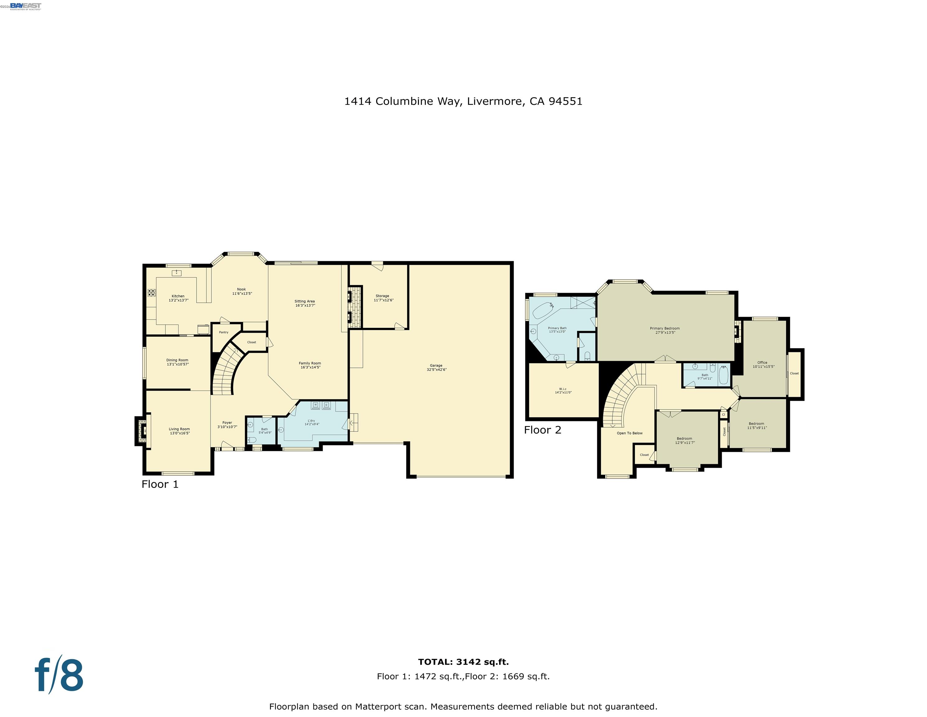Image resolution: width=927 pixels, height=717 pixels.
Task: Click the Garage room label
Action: (x=436, y=368)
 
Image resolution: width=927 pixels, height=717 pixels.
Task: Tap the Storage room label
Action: (x=383, y=298)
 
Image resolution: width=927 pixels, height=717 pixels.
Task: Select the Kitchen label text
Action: (x=178, y=298)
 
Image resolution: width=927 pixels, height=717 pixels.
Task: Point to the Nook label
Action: (x=242, y=291)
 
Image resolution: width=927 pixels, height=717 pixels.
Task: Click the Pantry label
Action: (x=224, y=332)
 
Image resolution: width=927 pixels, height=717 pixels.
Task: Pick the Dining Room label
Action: (x=178, y=362)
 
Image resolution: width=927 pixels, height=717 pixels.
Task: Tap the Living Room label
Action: (x=179, y=431)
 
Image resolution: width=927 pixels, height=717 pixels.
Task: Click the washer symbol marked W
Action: (x=315, y=405)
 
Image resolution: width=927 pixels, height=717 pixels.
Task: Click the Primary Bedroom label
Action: (x=665, y=330)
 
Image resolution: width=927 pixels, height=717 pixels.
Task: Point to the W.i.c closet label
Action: (x=563, y=390)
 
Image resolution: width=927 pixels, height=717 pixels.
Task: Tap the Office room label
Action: (x=762, y=364)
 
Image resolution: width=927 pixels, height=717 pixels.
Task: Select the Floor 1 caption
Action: (x=160, y=484)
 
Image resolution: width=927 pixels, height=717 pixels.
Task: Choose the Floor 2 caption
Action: (x=542, y=430)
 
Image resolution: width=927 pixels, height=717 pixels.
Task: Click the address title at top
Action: (x=463, y=101)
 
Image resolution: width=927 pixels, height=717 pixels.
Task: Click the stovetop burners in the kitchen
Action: (x=151, y=292)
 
